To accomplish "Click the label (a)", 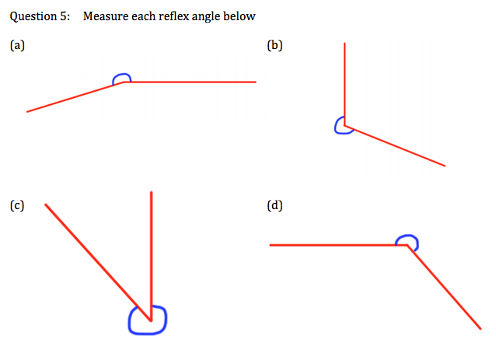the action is tap(17, 45).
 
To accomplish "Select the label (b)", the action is tap(274, 45).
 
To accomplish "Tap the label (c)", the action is tap(17, 206).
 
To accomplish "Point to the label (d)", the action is tap(274, 206).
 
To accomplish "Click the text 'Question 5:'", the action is tap(40, 16).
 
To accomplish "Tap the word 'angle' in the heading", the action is tap(206, 16).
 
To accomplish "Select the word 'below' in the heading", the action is tap(239, 16).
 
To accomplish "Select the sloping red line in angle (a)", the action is tap(74, 97).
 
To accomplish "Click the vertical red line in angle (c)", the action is tap(152, 249).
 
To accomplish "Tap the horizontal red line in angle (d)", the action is tap(334, 245).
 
